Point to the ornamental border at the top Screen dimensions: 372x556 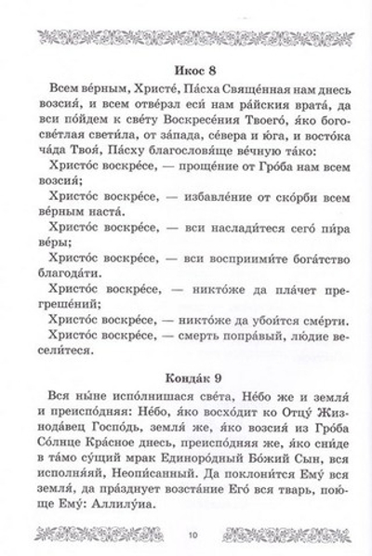click(x=186, y=35)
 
